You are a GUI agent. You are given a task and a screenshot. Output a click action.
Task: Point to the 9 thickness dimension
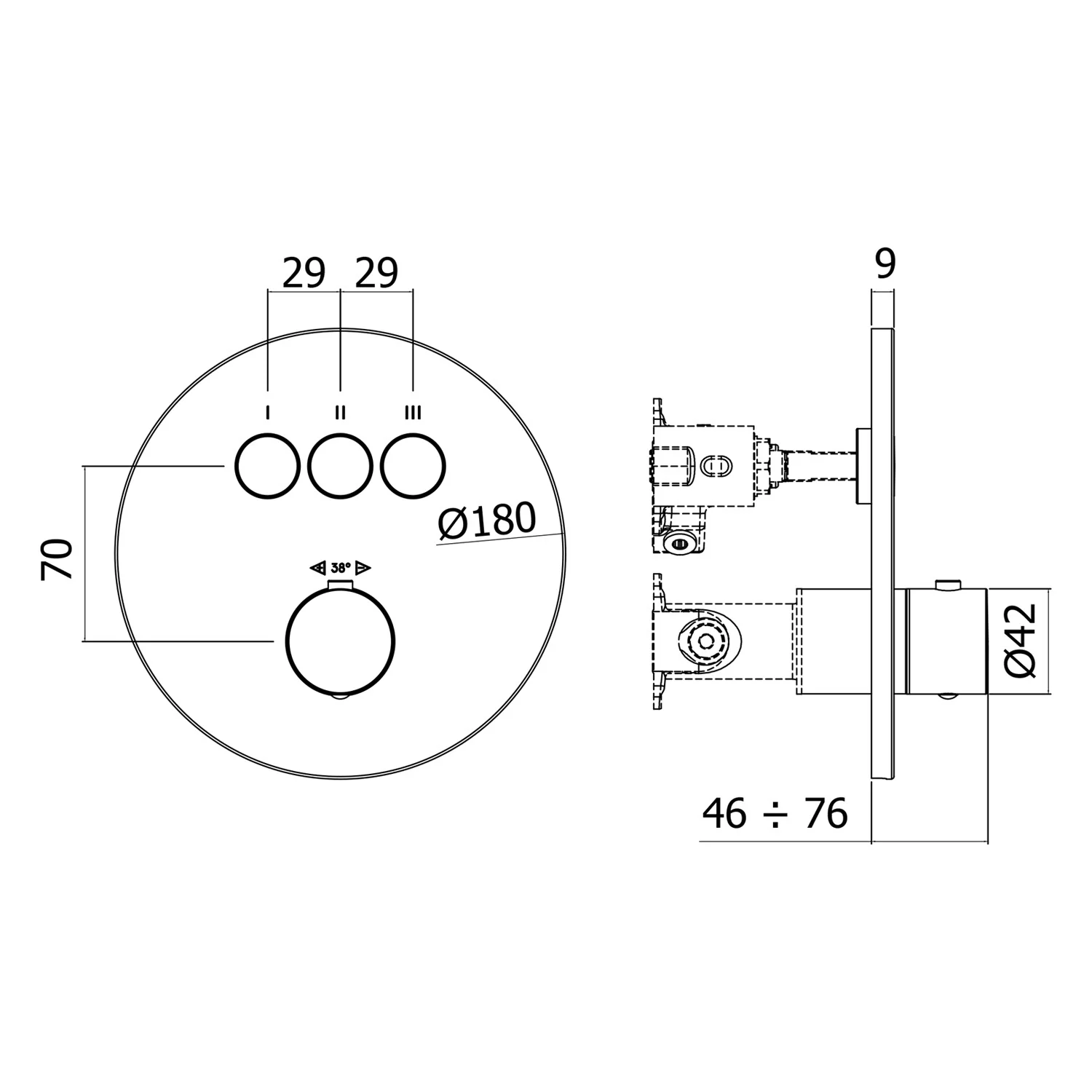(885, 264)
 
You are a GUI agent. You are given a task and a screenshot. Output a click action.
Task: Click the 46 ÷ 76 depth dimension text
(775, 813)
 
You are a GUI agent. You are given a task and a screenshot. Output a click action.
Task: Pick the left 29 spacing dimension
(304, 274)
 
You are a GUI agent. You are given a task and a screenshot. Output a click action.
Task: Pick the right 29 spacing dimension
(376, 274)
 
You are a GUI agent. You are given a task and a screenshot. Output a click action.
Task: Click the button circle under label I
(267, 466)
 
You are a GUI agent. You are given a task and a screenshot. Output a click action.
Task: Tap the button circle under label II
(340, 466)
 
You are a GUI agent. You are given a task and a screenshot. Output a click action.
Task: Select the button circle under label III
(413, 466)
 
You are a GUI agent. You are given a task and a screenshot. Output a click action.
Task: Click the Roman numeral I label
(268, 414)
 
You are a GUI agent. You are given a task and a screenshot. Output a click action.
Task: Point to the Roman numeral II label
(340, 414)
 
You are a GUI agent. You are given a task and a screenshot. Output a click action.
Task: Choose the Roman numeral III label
(413, 414)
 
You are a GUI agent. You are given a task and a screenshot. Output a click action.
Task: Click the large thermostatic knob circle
(341, 642)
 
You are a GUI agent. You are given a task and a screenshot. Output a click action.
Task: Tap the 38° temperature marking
(341, 568)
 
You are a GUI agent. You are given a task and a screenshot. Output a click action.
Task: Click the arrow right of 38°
(364, 568)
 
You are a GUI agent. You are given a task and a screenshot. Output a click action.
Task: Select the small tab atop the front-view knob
(340, 587)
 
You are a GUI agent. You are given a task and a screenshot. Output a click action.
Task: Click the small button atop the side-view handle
(946, 584)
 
